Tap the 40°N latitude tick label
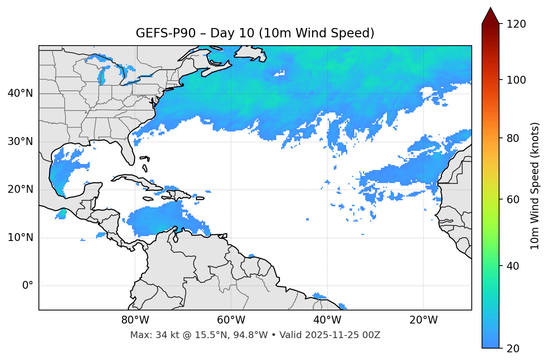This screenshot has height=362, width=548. pos(20,93)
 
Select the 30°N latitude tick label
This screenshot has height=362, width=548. pos(20,142)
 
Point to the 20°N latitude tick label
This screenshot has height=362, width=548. pos(20,189)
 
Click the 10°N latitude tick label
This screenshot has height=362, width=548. pos(20,238)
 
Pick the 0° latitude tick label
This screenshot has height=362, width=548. pos(28,286)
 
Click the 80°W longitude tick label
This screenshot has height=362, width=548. pos(135,320)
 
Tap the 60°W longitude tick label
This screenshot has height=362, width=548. pos(231,320)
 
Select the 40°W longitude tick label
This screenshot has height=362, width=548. pos(327,320)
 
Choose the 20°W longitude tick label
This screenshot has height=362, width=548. pos(424,320)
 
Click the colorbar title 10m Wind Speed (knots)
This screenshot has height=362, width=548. pos(535,186)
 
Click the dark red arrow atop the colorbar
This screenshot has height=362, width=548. pos(490,16)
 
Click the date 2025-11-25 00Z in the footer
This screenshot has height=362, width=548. pos(343,335)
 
